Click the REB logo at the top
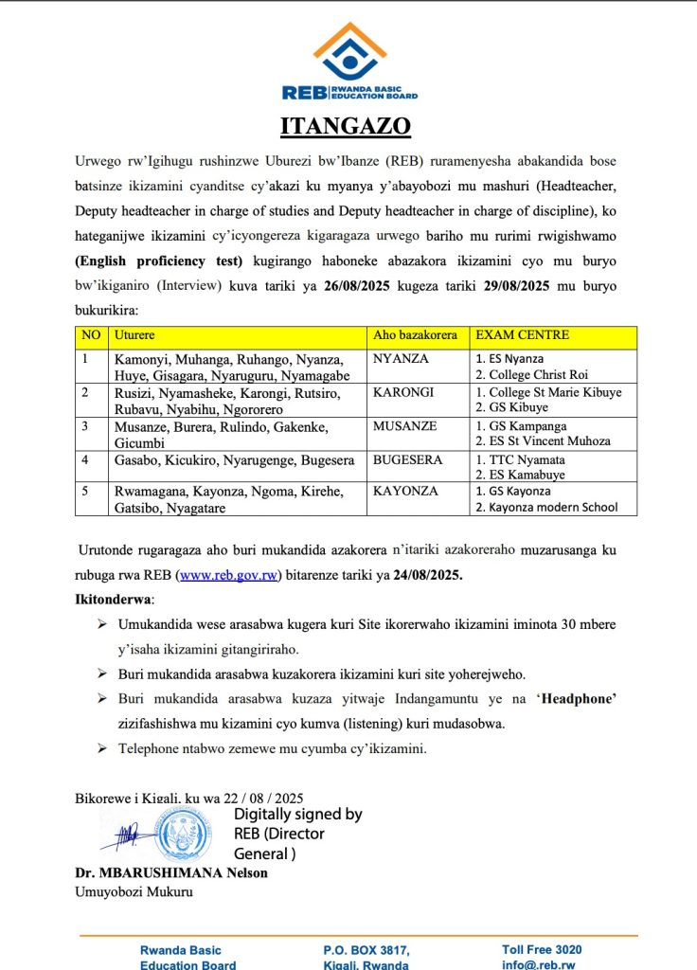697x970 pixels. [x=349, y=62]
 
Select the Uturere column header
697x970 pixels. [x=134, y=336]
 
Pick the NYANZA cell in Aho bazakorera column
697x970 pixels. [x=400, y=359]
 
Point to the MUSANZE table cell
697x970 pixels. [x=404, y=426]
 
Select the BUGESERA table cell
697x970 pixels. [x=407, y=460]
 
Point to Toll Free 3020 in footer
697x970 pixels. [x=542, y=949]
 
